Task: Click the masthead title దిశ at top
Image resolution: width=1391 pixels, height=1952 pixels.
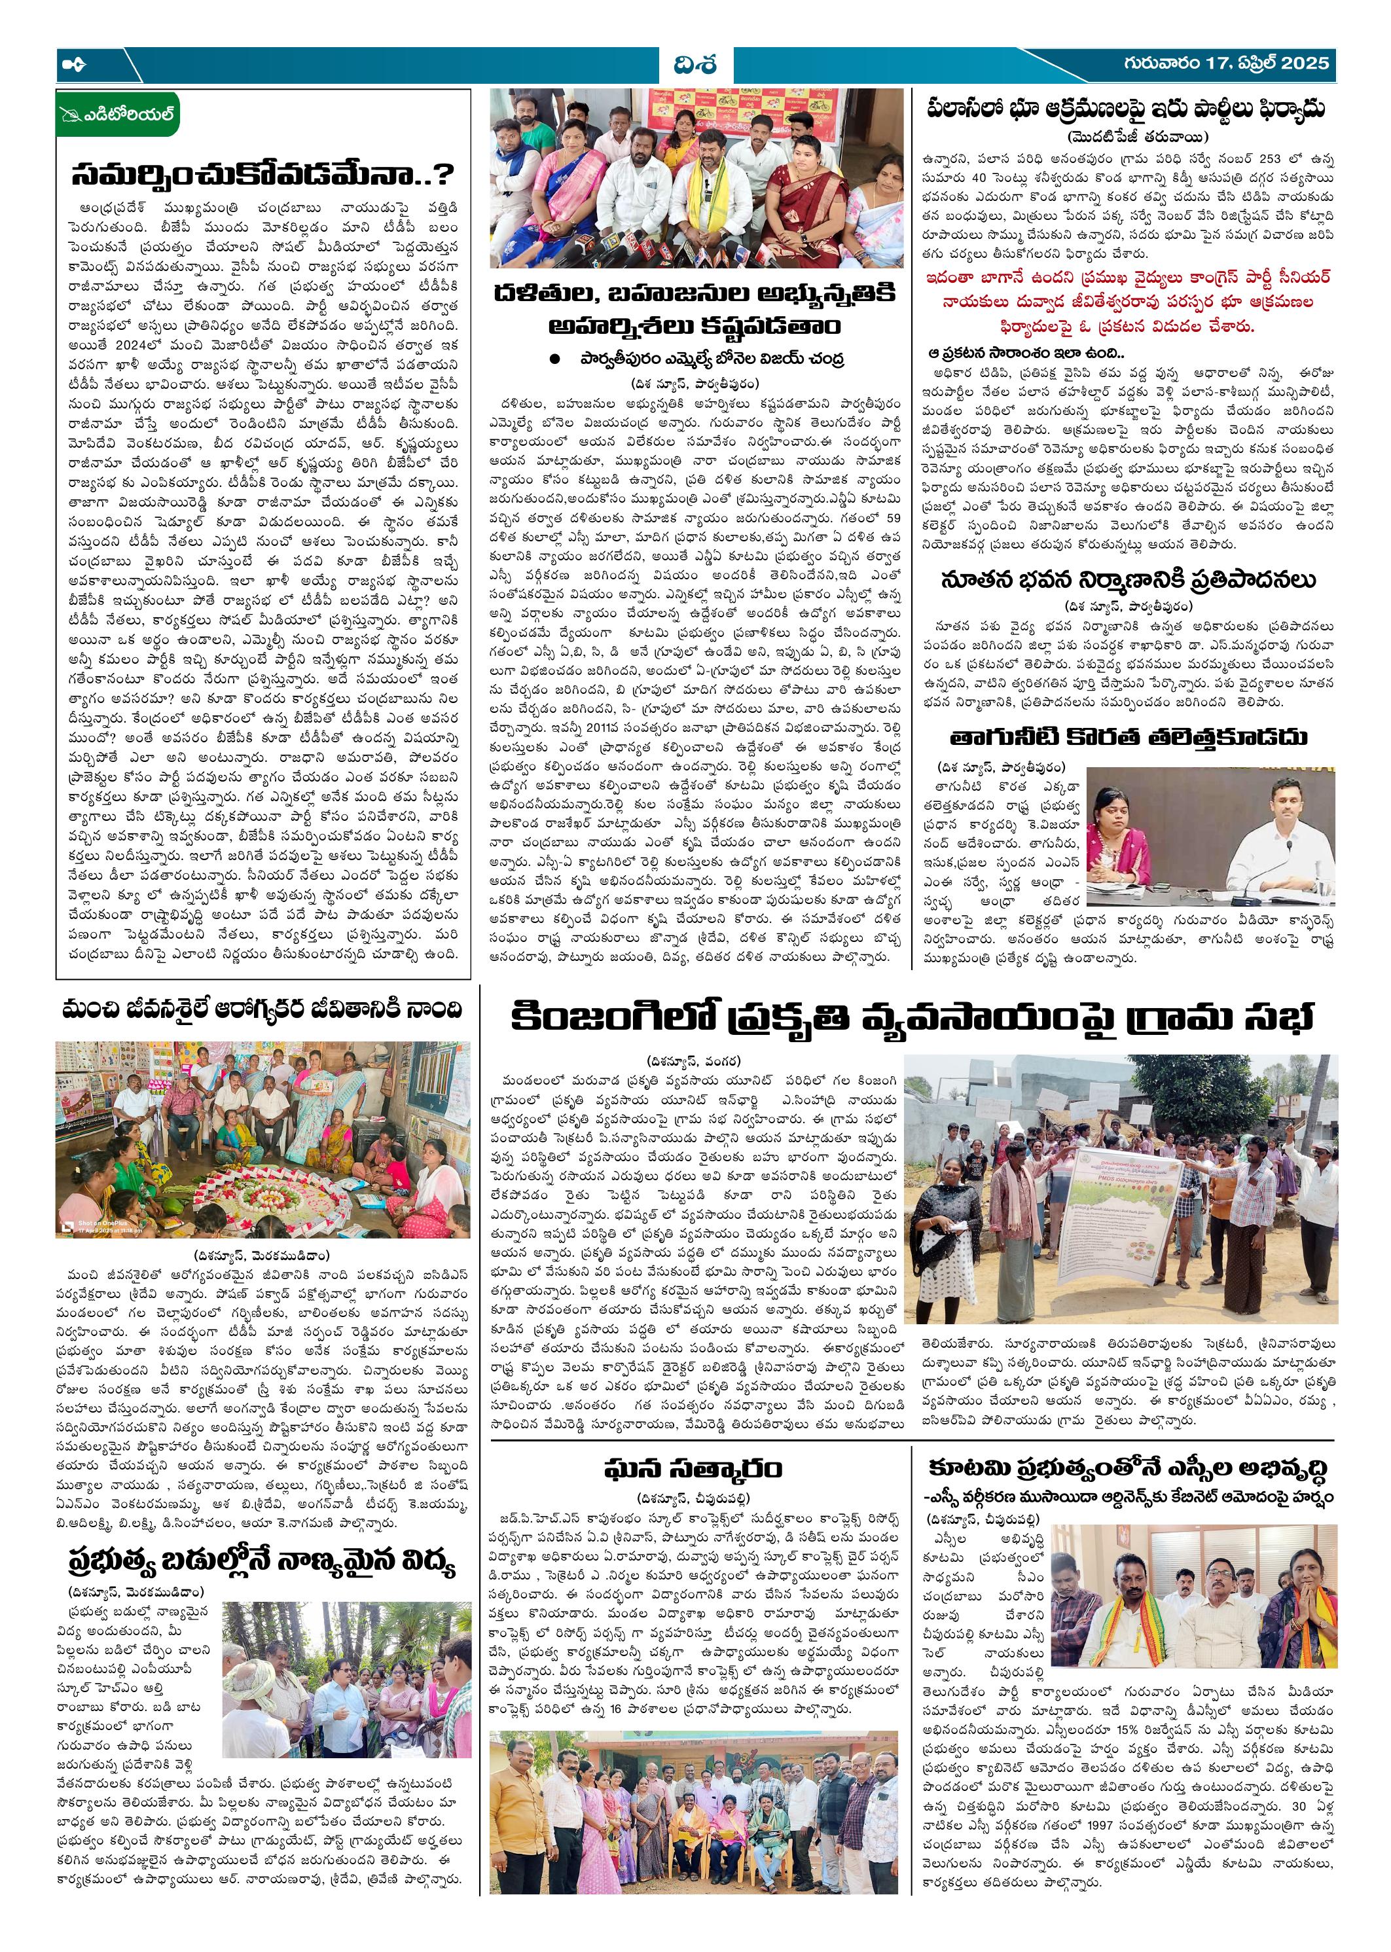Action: click(694, 65)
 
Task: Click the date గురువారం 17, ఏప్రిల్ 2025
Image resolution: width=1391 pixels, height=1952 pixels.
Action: click(1227, 63)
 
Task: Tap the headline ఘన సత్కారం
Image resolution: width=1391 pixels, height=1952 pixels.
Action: click(693, 1469)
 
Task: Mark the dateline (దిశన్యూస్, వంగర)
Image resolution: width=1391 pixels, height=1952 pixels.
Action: click(694, 1062)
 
